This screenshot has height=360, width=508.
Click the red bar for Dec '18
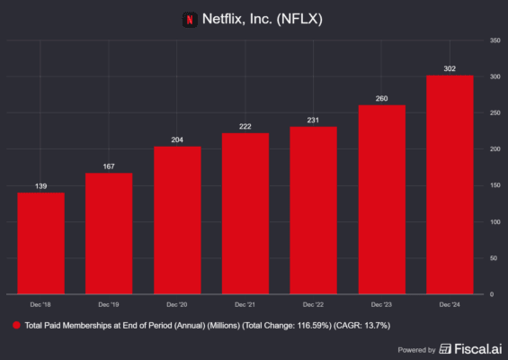coord(41,243)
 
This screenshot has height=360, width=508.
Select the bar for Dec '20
coord(177,220)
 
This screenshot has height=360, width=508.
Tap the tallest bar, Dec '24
coord(450,184)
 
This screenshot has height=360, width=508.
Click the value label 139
coord(41,184)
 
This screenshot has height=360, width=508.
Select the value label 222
coord(245,125)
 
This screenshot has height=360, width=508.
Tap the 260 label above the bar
coord(381,97)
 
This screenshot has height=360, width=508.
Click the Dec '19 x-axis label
coord(109,303)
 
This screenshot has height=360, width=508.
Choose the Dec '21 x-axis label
coord(245,303)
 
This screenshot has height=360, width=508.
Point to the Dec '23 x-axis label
coord(381,303)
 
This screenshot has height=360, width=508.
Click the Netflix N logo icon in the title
coord(190,17)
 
